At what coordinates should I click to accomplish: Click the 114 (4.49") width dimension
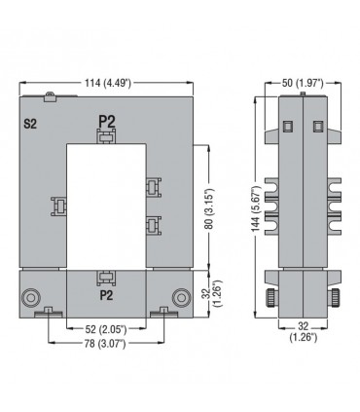(x=108, y=83)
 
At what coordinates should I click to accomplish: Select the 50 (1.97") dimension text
(x=303, y=83)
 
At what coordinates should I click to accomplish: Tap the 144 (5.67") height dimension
(x=257, y=209)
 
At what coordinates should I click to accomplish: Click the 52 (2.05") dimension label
(x=106, y=329)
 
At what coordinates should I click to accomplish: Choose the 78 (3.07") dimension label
(x=105, y=344)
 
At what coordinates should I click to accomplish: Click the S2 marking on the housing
(x=30, y=124)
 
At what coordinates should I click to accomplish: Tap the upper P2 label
(x=107, y=122)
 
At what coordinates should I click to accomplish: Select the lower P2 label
(x=106, y=295)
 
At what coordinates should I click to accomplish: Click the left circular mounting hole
(x=31, y=297)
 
